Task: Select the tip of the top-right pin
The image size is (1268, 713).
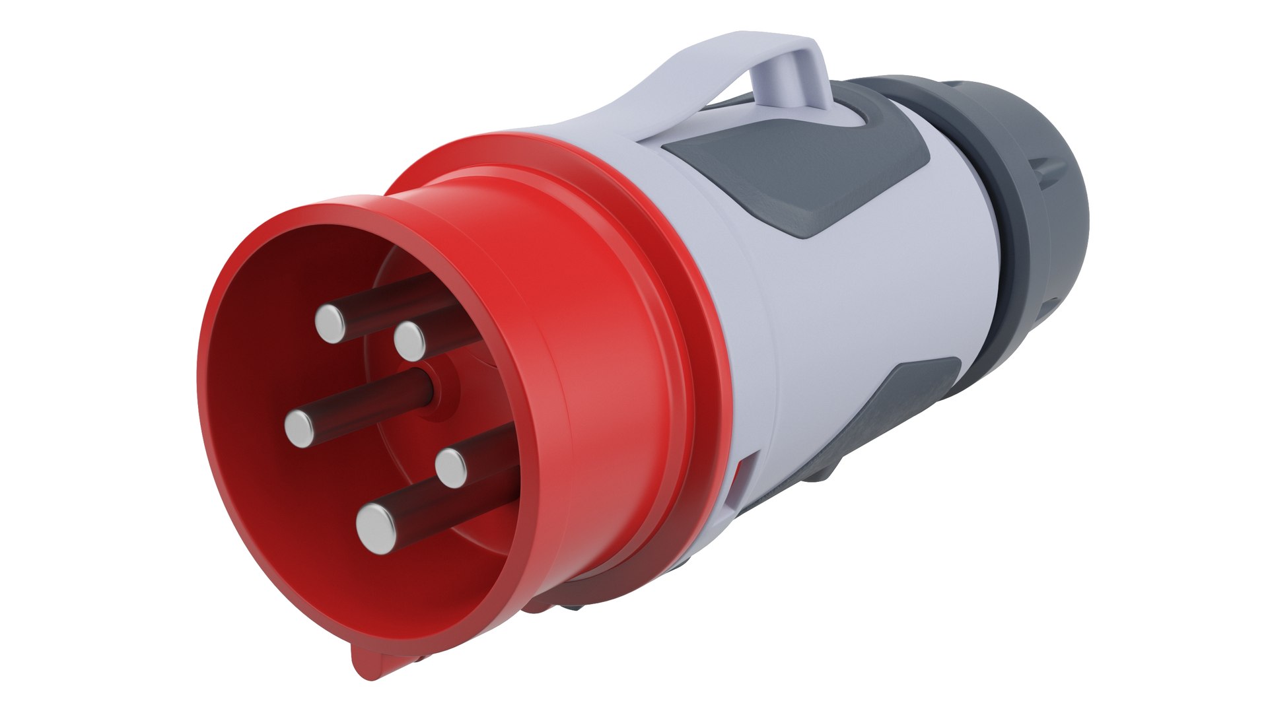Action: (x=410, y=341)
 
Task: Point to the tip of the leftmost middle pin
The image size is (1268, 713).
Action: (x=300, y=428)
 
